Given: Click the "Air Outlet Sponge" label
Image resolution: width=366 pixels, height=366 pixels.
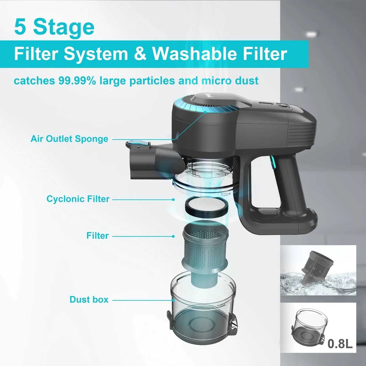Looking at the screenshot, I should click(x=69, y=139).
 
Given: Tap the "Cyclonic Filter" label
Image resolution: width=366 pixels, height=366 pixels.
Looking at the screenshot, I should click(x=78, y=199).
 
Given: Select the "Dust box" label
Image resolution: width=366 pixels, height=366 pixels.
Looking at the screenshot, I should click(x=89, y=300).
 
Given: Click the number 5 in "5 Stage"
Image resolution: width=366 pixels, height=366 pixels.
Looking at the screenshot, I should click(x=20, y=27).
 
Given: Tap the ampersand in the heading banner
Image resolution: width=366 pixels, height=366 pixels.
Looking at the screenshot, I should click(x=140, y=53).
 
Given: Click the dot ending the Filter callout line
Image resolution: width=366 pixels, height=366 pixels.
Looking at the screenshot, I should click(x=173, y=236).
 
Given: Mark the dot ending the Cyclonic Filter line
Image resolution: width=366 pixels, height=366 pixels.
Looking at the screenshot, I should click(x=173, y=200).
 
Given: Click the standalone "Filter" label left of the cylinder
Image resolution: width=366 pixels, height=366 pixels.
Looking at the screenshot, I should click(x=98, y=236).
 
